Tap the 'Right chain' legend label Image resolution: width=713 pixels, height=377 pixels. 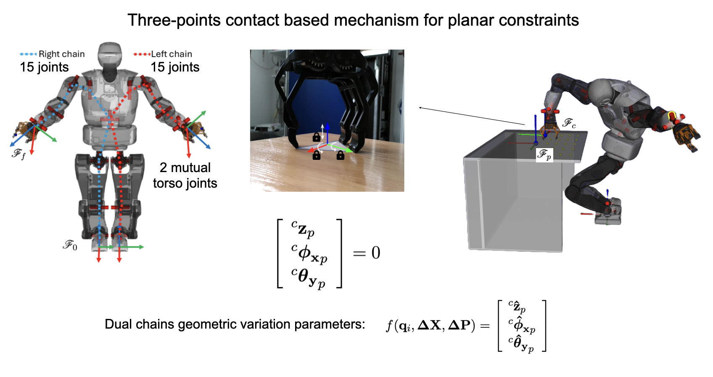pos(61,54)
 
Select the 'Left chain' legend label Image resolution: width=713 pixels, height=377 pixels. pos(172,54)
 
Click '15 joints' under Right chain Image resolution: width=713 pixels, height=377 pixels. pos(44,67)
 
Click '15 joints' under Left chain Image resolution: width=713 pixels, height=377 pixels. pos(175,67)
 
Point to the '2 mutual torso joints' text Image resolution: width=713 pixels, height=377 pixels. pos(185,175)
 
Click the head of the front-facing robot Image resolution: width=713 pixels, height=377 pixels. pos(110,55)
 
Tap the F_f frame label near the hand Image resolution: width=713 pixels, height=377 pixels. pos(18,154)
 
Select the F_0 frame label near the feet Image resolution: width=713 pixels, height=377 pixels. pos(70,245)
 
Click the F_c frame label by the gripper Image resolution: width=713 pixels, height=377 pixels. pos(569,123)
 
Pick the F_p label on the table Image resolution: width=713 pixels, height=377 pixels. pos(544,155)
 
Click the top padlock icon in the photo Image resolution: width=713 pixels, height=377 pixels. pos(317,137)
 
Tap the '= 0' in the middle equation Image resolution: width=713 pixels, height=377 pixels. pos(367,253)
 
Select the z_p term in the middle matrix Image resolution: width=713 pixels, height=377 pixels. pos(303,229)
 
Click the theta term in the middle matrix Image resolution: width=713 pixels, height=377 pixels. pos(309,278)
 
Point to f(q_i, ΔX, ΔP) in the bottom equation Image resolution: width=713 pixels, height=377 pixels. pos(430,325)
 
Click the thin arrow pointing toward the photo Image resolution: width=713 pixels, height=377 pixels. pos(471,116)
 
